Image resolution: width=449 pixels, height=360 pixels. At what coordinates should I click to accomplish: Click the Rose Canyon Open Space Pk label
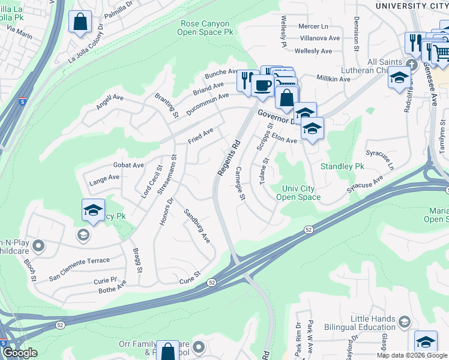click(205, 28)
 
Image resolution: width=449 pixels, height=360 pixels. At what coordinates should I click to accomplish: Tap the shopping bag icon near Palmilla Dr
click(80, 23)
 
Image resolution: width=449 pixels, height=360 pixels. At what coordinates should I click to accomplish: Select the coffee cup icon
click(262, 86)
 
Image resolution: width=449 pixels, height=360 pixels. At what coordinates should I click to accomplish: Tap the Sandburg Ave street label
click(197, 226)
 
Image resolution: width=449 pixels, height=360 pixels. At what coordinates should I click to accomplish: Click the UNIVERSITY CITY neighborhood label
click(411, 5)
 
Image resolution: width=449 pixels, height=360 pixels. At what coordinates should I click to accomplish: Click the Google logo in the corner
click(20, 353)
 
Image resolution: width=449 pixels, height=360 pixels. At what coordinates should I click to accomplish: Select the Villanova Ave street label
click(320, 38)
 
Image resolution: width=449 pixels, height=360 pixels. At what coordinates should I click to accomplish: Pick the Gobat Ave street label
click(128, 165)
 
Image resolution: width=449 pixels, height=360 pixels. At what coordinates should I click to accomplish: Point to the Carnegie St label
click(241, 184)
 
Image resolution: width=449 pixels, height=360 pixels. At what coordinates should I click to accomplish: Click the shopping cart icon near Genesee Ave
click(441, 53)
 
